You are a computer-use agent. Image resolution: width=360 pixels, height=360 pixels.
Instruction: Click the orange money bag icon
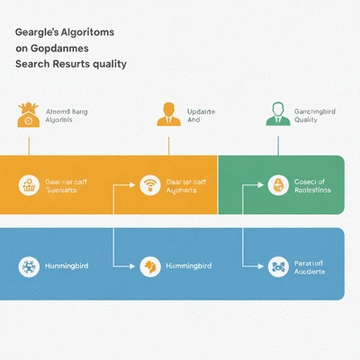point(28,114)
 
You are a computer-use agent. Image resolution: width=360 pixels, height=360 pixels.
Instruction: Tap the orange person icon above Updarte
point(167,113)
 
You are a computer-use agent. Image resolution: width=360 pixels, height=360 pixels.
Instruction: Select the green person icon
point(277,113)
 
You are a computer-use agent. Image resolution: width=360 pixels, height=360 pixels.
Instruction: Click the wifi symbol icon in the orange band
point(149,185)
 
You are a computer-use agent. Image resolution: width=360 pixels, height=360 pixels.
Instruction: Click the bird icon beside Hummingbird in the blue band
point(149,266)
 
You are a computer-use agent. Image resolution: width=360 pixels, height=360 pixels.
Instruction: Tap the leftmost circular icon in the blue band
point(29,266)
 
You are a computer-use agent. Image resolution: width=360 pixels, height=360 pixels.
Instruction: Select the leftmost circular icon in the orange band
point(29,185)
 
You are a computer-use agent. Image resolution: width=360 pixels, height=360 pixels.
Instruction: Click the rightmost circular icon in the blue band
point(277,266)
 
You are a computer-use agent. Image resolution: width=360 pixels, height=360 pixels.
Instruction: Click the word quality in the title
point(106,65)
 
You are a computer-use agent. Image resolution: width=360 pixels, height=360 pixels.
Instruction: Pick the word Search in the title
point(32,65)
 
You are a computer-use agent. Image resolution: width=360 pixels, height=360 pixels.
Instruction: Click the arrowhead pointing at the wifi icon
point(131,185)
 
